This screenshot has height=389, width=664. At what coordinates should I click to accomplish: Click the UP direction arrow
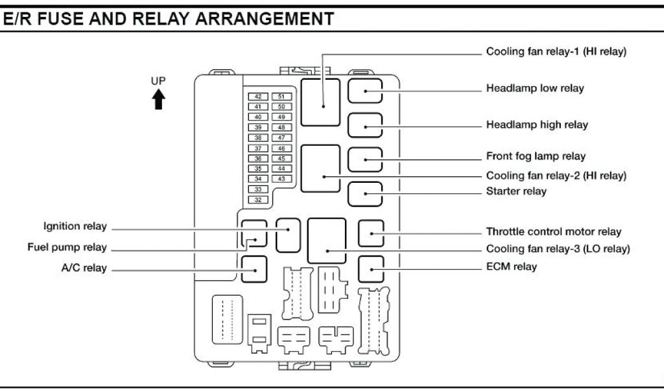point(158,100)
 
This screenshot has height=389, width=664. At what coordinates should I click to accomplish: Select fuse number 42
point(258,96)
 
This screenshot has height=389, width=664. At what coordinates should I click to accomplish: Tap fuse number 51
point(281,96)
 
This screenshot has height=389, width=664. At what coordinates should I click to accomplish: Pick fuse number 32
point(258,200)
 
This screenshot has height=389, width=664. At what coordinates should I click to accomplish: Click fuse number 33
point(258,189)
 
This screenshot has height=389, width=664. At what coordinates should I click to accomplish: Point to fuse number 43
point(281,179)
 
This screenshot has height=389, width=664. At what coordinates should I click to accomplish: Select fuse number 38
point(258,137)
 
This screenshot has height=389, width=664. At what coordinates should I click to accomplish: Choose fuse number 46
point(281,148)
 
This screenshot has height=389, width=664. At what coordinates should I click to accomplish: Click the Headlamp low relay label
point(535,88)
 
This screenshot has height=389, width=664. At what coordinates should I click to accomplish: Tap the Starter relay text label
point(516,191)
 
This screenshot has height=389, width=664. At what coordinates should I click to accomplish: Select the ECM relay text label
point(512,266)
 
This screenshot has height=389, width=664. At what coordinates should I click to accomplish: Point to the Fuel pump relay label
point(67,247)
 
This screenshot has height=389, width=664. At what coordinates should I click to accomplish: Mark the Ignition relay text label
point(75,226)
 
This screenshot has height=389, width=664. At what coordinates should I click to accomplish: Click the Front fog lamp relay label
point(536,156)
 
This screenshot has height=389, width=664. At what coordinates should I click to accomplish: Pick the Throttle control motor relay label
point(554,231)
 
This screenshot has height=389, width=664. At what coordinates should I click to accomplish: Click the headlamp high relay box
point(365,125)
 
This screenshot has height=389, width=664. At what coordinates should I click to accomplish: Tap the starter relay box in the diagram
point(365,194)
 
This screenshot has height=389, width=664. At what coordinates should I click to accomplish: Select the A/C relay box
point(254,269)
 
